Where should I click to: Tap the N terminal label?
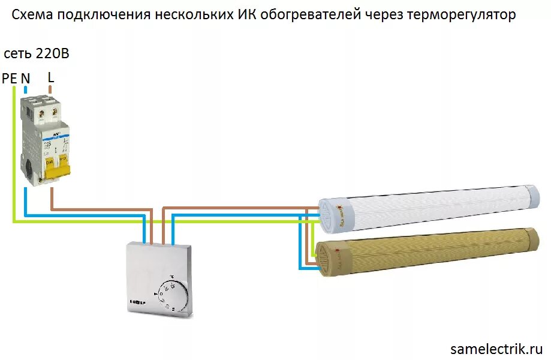click(26, 78)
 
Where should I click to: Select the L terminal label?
click(50, 76)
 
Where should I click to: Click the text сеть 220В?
click(37, 53)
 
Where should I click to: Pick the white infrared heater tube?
click(432, 207)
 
